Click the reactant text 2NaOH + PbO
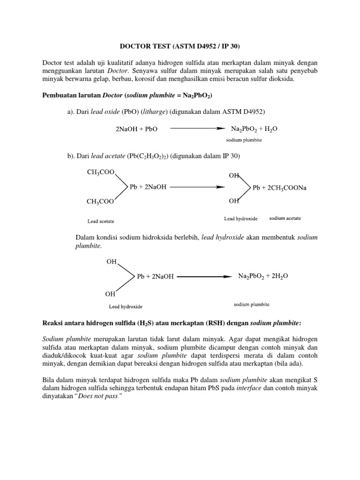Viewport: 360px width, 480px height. click(136, 129)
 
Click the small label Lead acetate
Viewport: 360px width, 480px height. click(101, 221)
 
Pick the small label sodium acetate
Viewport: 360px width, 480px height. click(285, 218)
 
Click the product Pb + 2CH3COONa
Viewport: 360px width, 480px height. click(279, 187)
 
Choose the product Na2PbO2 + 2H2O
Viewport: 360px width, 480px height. click(263, 276)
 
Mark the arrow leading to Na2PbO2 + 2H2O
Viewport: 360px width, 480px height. click(202, 277)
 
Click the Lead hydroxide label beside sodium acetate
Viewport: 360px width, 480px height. click(240, 219)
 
